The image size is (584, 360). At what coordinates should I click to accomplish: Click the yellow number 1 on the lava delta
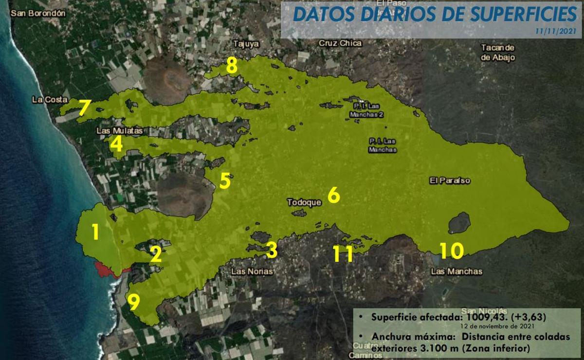point(95,232)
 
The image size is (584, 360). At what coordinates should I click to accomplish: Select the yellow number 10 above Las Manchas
point(451,251)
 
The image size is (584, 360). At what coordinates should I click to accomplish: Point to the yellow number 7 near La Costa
point(83,108)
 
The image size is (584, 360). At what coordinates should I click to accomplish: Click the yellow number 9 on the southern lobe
point(134,302)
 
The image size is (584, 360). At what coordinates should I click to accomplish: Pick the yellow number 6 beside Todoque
point(333,195)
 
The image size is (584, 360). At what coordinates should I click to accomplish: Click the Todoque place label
point(304,202)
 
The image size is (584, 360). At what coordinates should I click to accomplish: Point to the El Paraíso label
point(450,180)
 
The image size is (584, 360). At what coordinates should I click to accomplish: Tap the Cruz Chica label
point(340,43)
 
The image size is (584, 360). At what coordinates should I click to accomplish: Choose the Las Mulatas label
point(119,131)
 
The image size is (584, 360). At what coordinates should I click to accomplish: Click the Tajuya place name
point(246,44)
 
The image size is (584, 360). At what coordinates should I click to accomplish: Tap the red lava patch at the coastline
point(108,269)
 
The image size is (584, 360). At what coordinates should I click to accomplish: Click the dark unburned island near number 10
point(459,222)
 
